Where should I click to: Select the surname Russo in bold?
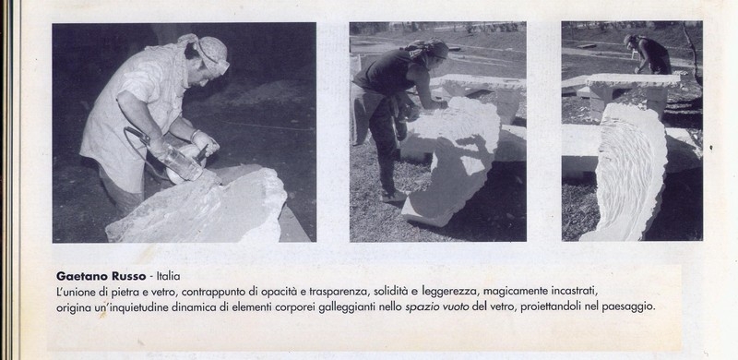[x=130, y=276]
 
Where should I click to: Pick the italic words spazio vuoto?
[x=436, y=307]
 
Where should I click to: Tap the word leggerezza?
[x=450, y=292]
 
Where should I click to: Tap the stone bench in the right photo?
[x=631, y=92]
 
